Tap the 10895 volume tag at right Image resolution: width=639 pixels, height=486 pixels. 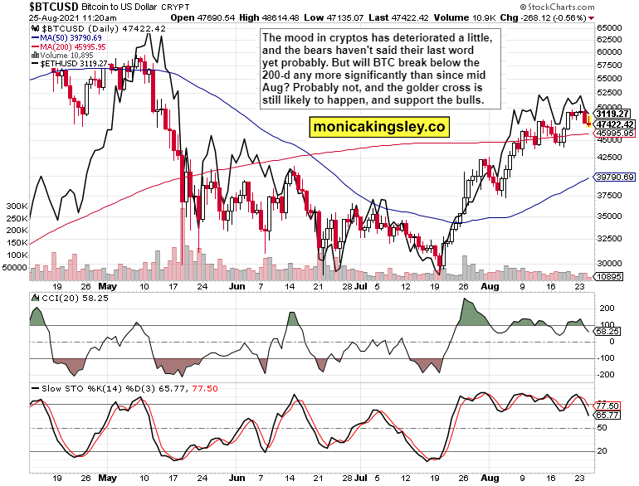point(612,276)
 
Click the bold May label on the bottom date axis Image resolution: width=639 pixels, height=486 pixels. point(105,479)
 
